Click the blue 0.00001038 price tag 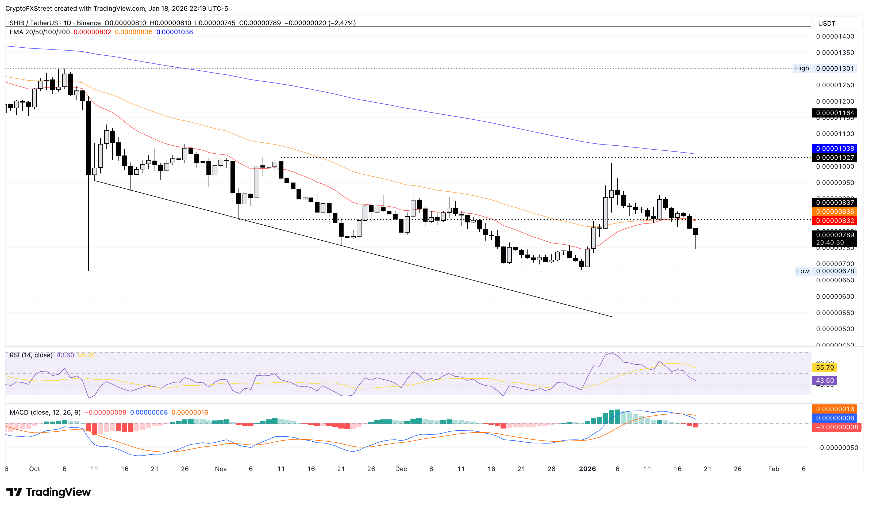click(x=834, y=148)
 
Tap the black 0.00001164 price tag click(x=834, y=113)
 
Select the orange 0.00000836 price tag click(x=834, y=211)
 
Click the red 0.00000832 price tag click(x=834, y=221)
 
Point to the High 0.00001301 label click(x=824, y=68)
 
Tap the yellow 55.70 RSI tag click(x=825, y=367)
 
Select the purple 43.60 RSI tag click(x=825, y=381)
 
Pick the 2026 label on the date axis click(x=587, y=469)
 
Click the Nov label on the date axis click(x=221, y=469)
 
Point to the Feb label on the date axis click(x=774, y=469)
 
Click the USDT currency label click(x=826, y=24)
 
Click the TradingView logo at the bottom click(x=49, y=492)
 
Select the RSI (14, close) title click(x=31, y=355)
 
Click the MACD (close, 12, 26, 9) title click(x=45, y=412)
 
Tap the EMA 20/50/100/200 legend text click(x=39, y=32)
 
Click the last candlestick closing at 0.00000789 click(x=695, y=232)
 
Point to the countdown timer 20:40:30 click(x=830, y=242)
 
